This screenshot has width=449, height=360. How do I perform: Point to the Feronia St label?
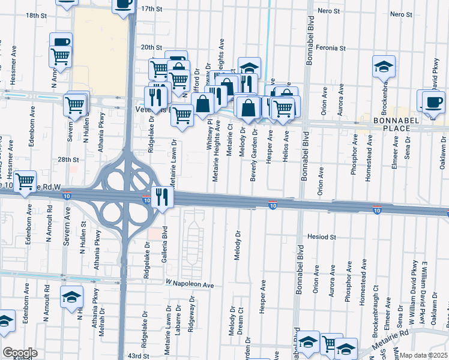(x=332, y=47)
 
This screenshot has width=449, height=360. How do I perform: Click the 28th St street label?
(x=68, y=160)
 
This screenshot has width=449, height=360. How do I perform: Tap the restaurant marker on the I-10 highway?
(x=161, y=197)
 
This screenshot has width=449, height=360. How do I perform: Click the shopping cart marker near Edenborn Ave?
(x=25, y=181)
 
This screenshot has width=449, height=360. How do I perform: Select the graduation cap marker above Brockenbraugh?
(x=384, y=65)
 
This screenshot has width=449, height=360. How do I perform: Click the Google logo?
(x=19, y=353)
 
